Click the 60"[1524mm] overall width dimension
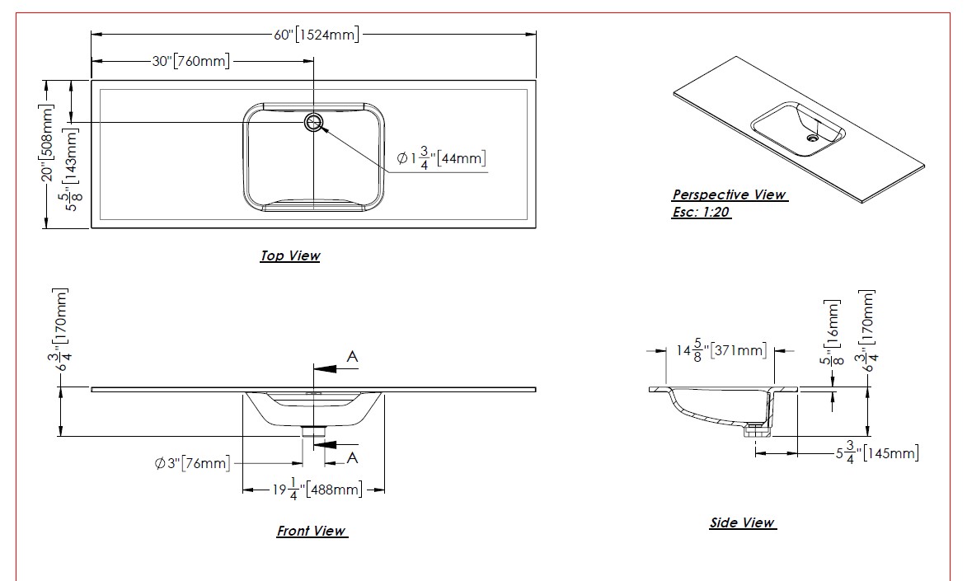[317, 35]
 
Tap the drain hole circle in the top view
[314, 123]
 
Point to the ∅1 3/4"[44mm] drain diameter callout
[441, 157]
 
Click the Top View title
[290, 256]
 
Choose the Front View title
[311, 532]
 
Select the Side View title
[742, 523]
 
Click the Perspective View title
[729, 195]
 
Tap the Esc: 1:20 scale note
[702, 212]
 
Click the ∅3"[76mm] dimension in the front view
[192, 463]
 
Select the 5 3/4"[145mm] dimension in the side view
[877, 452]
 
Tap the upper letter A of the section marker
[352, 357]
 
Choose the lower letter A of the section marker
[352, 457]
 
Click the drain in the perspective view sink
[812, 140]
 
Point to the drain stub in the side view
[753, 429]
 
